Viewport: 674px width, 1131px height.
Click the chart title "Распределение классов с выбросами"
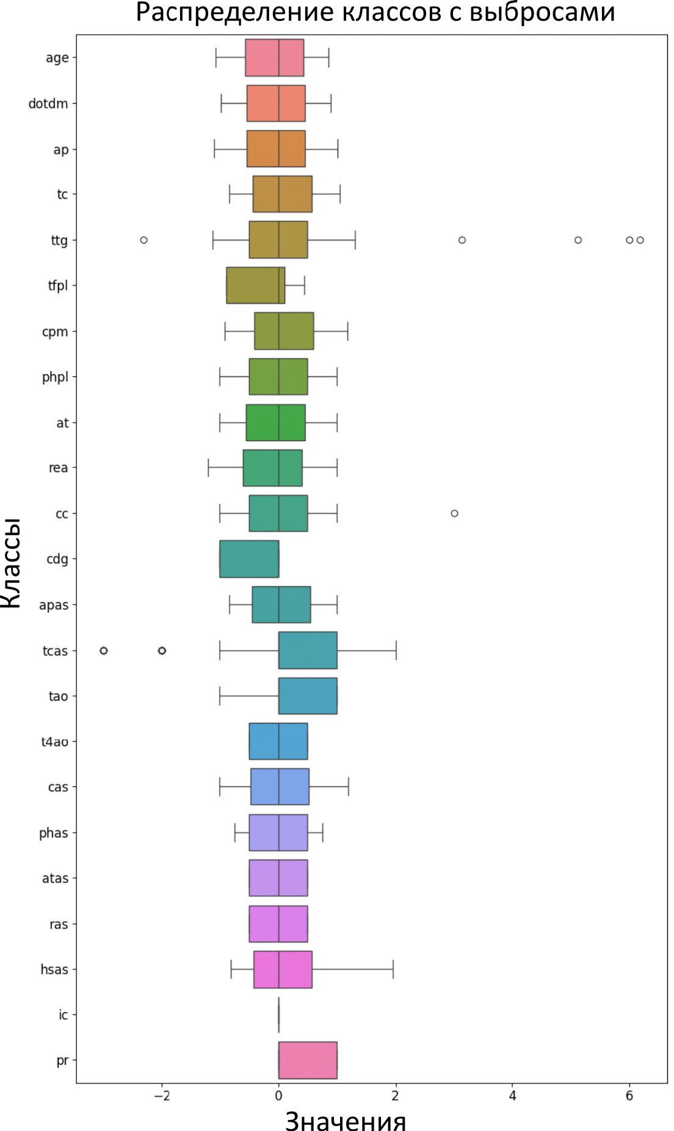(x=375, y=13)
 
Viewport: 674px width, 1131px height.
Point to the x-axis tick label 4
(x=512, y=1095)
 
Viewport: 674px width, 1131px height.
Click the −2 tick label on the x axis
(x=161, y=1095)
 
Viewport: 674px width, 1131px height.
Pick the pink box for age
(x=274, y=57)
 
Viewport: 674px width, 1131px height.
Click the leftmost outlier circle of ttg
(x=144, y=240)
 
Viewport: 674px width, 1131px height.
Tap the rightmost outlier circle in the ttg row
(x=640, y=240)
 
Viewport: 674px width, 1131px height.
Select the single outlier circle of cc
(x=454, y=513)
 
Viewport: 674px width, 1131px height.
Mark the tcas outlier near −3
(x=104, y=650)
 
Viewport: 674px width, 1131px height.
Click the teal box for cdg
(x=249, y=559)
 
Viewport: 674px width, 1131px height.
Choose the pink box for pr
(x=308, y=1060)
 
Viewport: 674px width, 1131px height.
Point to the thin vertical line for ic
(x=279, y=1014)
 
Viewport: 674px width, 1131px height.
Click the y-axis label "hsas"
(x=54, y=969)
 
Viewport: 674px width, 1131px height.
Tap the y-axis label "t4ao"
(x=54, y=742)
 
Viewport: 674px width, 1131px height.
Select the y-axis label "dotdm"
(x=48, y=104)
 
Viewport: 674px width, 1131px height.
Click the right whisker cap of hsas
(x=393, y=969)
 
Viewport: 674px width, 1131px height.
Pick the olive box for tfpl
(x=255, y=285)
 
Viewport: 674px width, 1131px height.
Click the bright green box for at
(x=275, y=422)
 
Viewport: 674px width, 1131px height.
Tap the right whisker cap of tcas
(x=396, y=650)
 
